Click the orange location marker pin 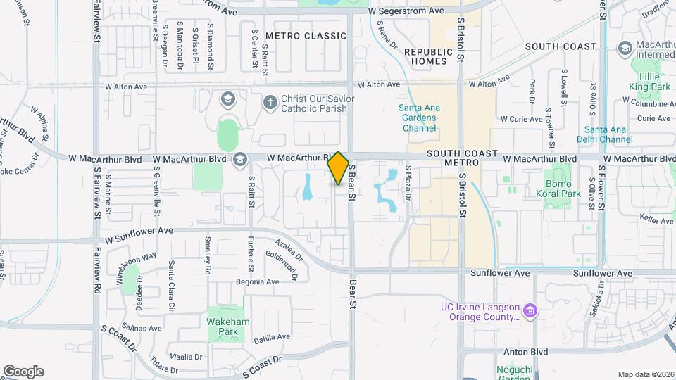338,168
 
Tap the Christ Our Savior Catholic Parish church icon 269,103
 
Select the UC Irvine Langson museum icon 532,310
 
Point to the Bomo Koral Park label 563,188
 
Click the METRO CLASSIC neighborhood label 306,36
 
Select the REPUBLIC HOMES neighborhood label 429,56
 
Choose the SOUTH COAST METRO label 462,158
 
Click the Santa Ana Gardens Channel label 419,118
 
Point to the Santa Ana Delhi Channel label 608,134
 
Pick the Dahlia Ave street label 272,337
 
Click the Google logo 23,372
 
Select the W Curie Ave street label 521,120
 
